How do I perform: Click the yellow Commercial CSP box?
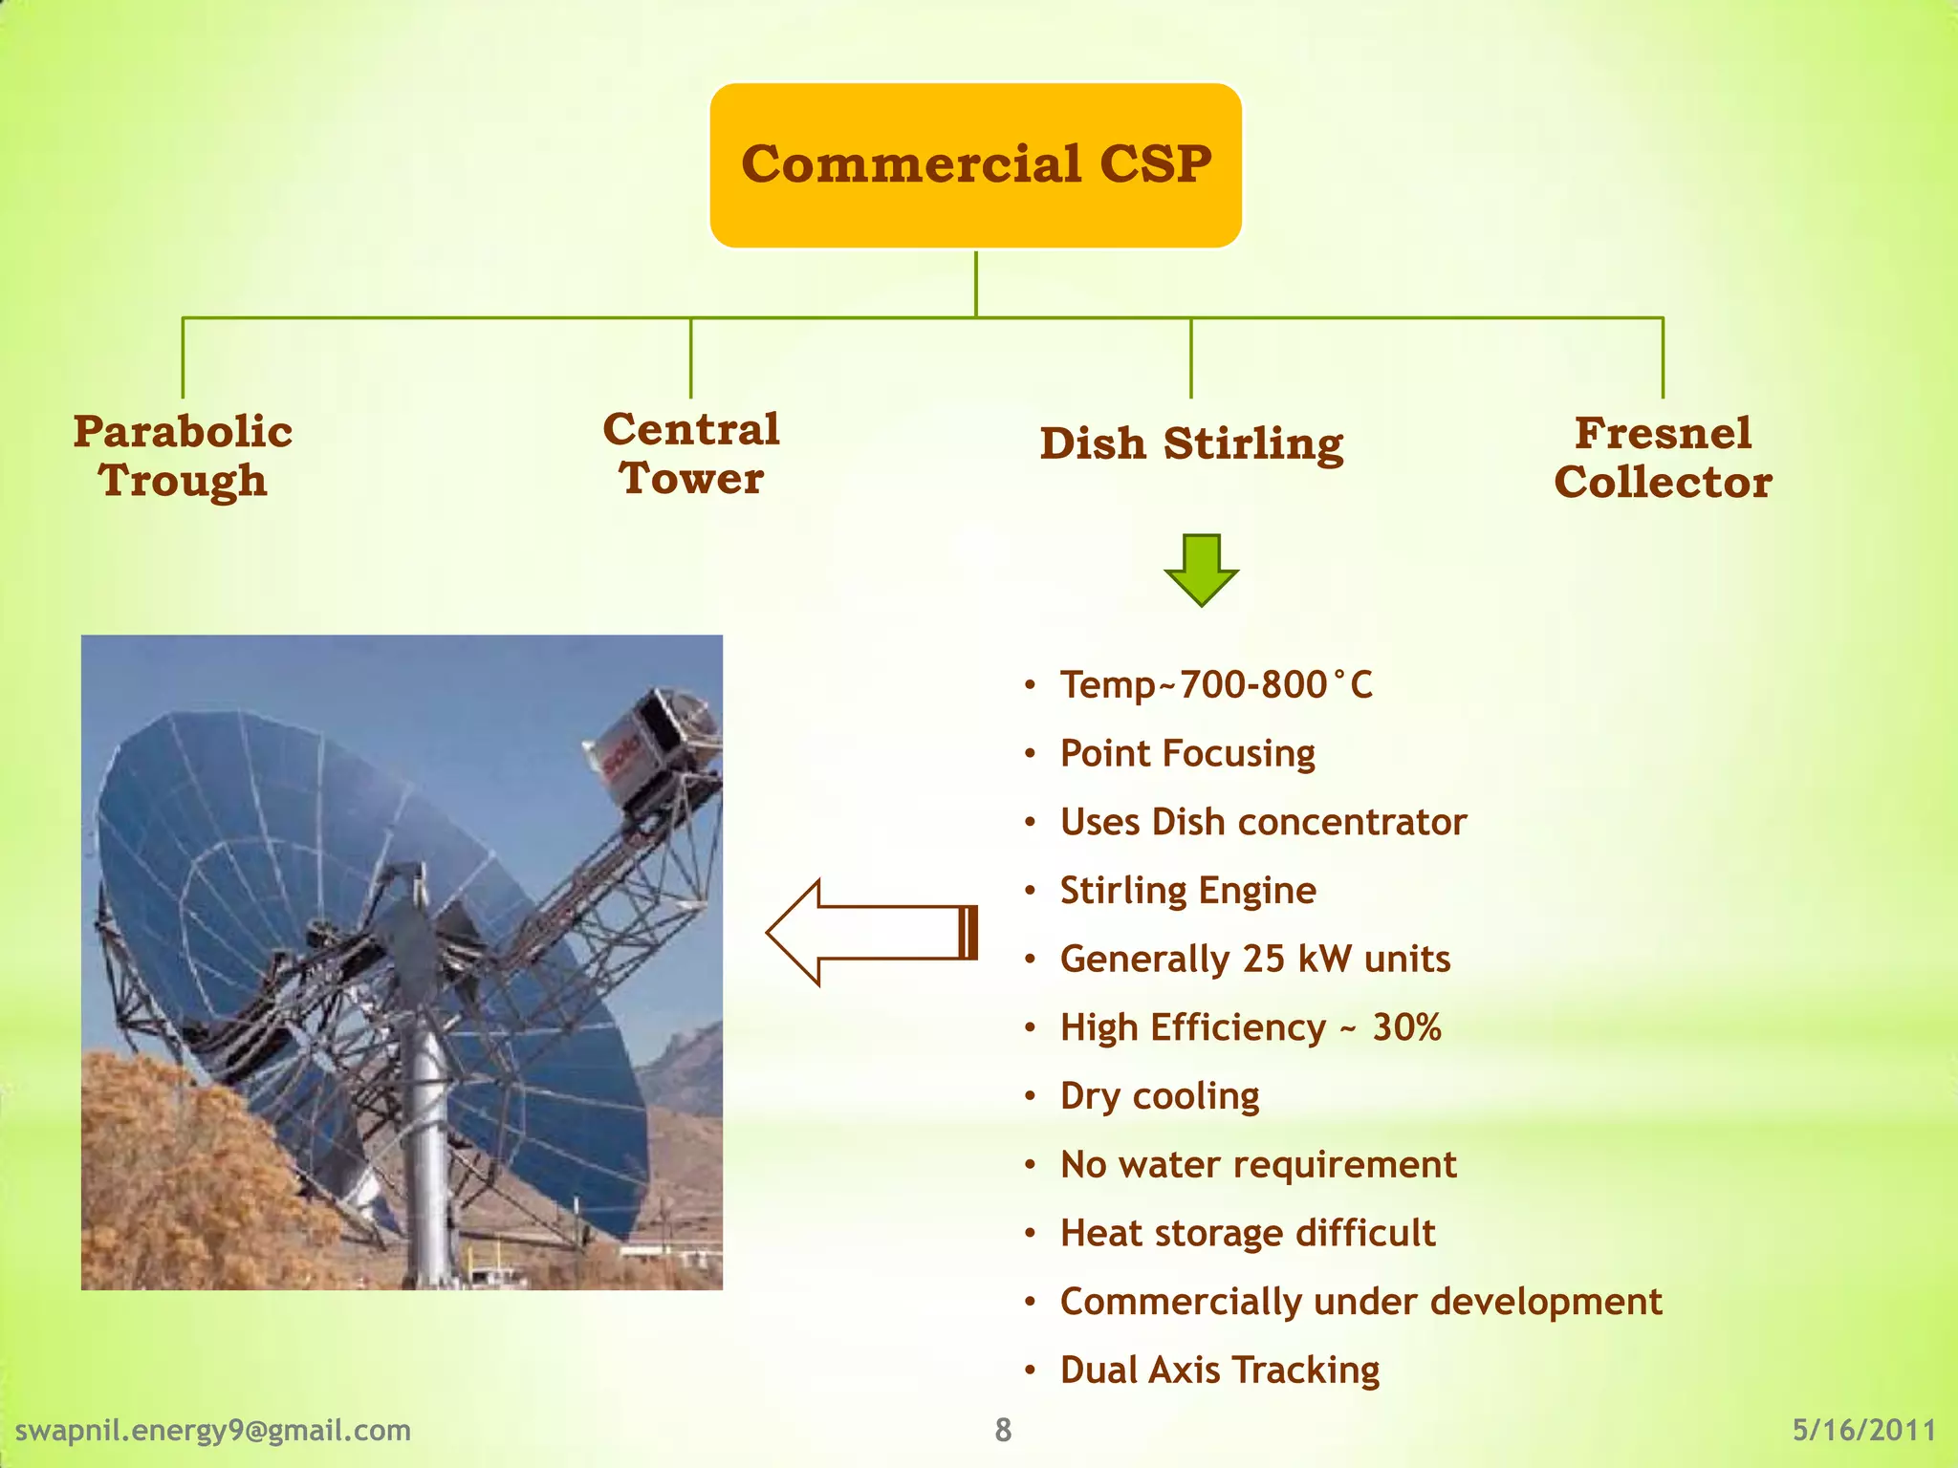click(975, 164)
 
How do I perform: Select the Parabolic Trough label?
click(183, 456)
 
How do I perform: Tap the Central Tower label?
click(691, 454)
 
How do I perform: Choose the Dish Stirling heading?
click(1191, 444)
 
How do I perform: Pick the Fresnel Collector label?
click(1663, 458)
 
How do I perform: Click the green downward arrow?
click(1201, 571)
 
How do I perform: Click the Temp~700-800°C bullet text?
click(1216, 685)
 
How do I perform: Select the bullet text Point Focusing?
click(1187, 754)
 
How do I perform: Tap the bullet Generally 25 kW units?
click(1255, 960)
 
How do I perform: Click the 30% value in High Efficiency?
click(1406, 1028)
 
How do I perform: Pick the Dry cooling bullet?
click(1160, 1096)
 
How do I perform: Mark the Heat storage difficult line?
click(1248, 1234)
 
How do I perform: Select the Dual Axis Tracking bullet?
click(1220, 1371)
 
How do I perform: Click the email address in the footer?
click(213, 1431)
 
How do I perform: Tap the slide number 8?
click(1002, 1431)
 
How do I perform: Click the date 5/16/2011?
click(1863, 1431)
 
